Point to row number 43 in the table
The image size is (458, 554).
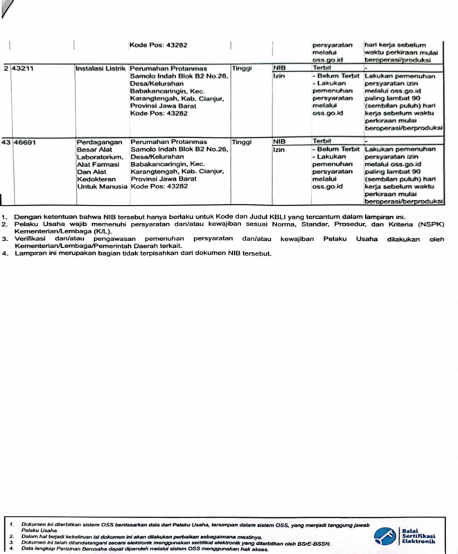pyautogui.click(x=6, y=142)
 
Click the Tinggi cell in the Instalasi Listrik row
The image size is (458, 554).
pyautogui.click(x=242, y=69)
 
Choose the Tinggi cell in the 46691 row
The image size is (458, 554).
pyautogui.click(x=242, y=142)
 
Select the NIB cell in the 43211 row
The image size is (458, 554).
pyautogui.click(x=280, y=69)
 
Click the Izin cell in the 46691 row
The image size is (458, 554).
pyautogui.click(x=280, y=149)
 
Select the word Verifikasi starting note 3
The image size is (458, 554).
pyautogui.click(x=33, y=239)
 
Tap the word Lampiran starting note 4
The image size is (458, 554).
pyautogui.click(x=32, y=253)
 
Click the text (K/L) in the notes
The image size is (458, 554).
pyautogui.click(x=116, y=231)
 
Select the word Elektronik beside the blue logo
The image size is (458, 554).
pyautogui.click(x=419, y=542)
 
